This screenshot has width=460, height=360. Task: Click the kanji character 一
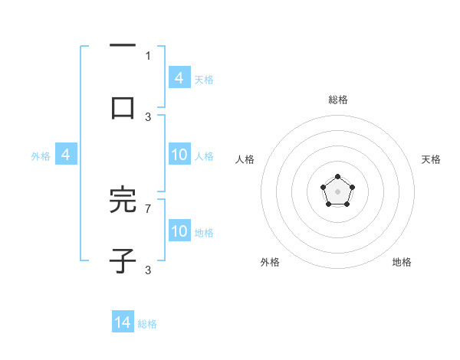click(x=123, y=47)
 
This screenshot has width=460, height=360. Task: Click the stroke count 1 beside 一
click(x=148, y=55)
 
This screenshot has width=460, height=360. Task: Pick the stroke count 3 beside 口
click(x=148, y=117)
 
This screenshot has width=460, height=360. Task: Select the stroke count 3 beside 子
click(x=148, y=270)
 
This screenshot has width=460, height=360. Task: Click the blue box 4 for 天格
click(x=179, y=77)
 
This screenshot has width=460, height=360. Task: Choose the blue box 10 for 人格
click(x=179, y=155)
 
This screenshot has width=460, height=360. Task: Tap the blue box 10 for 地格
click(x=179, y=231)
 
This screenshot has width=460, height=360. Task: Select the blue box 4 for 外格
click(x=66, y=155)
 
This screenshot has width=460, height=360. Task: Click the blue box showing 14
click(x=123, y=322)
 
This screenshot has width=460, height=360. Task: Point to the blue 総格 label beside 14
click(x=147, y=324)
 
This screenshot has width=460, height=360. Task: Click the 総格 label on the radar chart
click(x=337, y=100)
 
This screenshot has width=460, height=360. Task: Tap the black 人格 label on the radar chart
click(x=245, y=159)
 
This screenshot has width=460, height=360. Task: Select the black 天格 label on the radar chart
click(x=431, y=159)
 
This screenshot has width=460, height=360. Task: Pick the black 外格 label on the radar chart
click(x=270, y=262)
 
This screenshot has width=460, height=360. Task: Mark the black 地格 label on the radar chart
click(x=402, y=262)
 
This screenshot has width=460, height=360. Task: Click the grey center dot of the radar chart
click(x=337, y=191)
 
